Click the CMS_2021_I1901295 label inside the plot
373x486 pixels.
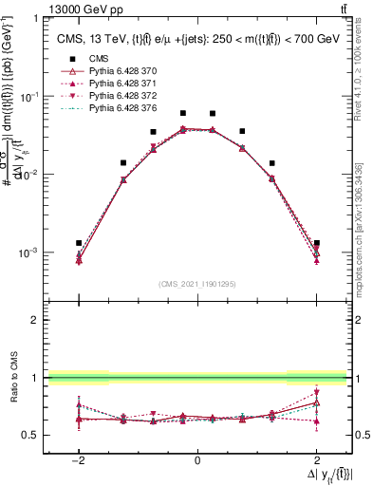pyautogui.click(x=196, y=284)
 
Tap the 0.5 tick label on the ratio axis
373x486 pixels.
pyautogui.click(x=31, y=436)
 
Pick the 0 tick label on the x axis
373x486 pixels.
pyautogui.click(x=197, y=460)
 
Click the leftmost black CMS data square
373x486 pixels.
pyautogui.click(x=79, y=243)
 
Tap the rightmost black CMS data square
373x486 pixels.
pyautogui.click(x=316, y=243)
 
